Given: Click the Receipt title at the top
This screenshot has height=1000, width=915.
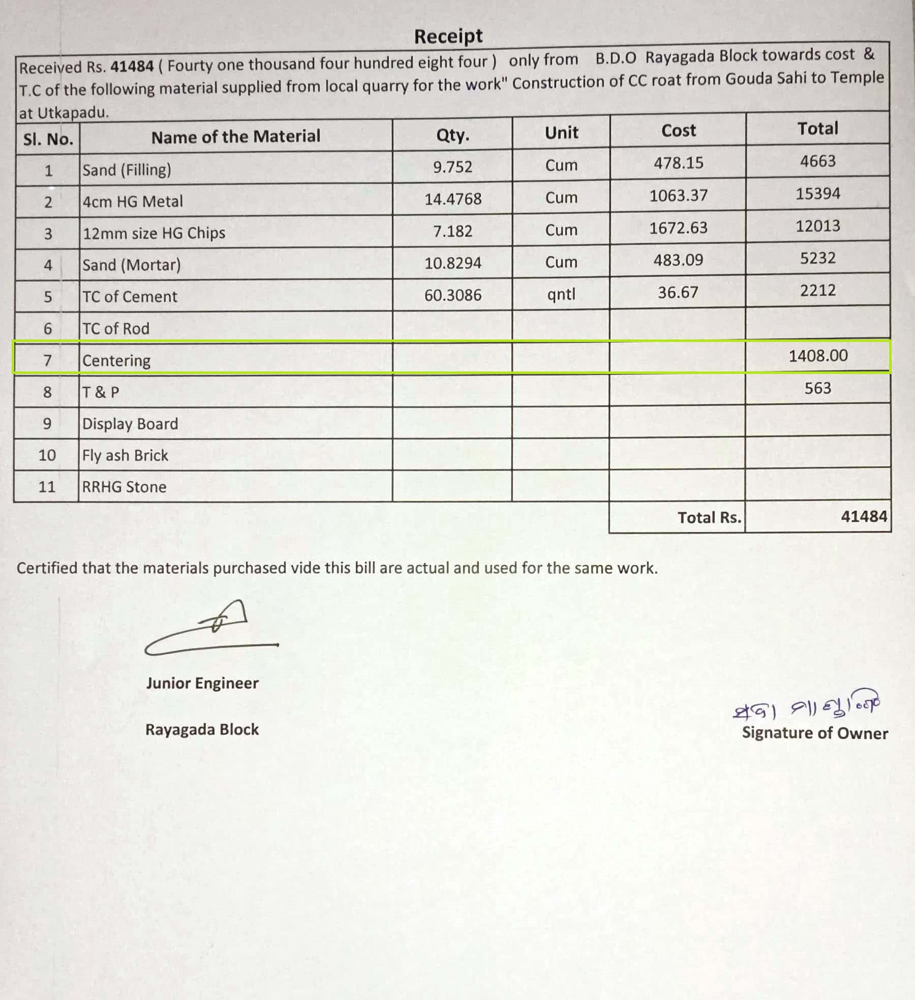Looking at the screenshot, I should [x=448, y=36].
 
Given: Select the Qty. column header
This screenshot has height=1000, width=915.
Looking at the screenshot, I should [x=452, y=135].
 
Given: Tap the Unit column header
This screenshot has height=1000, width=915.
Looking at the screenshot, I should [x=561, y=133].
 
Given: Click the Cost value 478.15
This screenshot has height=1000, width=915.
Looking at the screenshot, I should [x=678, y=163].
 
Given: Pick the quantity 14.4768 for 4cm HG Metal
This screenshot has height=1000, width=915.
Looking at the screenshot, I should [x=453, y=199].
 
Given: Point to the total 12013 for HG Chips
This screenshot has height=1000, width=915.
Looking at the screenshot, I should [x=817, y=226].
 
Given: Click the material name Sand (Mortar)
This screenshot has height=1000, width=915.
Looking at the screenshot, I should [x=132, y=265].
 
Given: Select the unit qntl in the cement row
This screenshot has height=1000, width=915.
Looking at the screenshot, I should [x=561, y=294].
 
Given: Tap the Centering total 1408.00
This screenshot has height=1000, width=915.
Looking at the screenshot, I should [x=818, y=355].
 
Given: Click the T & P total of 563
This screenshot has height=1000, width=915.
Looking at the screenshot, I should [x=817, y=388].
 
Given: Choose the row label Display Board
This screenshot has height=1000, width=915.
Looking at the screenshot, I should [x=130, y=424].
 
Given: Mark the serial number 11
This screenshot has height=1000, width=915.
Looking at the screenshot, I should [x=47, y=487].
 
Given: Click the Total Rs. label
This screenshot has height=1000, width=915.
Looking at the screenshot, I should [x=709, y=517].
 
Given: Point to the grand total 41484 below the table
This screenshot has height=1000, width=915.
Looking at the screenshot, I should [x=864, y=516].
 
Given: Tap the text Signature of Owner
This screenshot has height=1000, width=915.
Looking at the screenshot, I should [x=814, y=733].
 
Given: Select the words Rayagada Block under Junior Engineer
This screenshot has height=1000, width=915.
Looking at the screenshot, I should [x=202, y=730].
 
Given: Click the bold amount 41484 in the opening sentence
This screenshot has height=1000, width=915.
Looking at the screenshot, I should [x=132, y=66].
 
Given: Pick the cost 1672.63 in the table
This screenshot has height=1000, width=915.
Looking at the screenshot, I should [x=678, y=228].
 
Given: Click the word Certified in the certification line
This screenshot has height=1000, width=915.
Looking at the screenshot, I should [x=47, y=568].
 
